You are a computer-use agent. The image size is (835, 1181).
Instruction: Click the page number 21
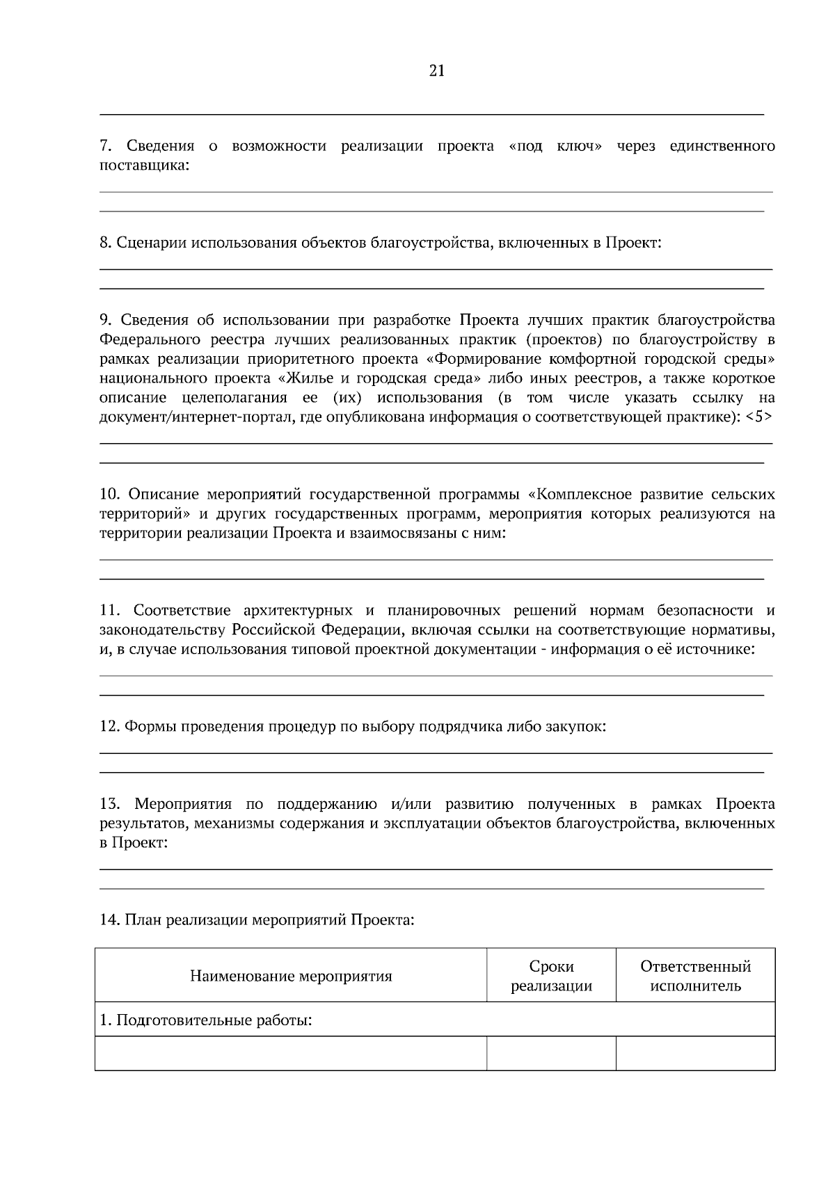click(x=437, y=71)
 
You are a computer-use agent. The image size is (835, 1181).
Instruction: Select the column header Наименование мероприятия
click(x=291, y=977)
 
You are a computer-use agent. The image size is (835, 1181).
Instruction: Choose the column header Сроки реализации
click(x=551, y=977)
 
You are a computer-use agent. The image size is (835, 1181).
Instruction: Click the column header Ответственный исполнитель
click(x=695, y=977)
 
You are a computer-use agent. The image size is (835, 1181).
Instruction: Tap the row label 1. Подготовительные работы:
click(x=206, y=1021)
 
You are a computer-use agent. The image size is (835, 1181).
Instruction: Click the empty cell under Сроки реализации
click(x=551, y=1054)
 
